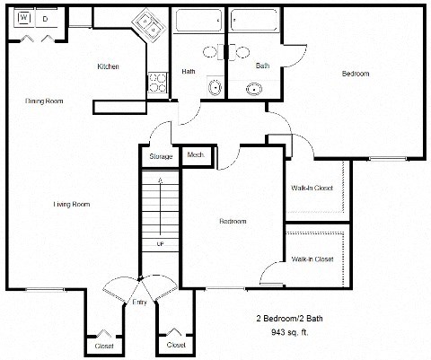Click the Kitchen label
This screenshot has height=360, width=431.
pyautogui.click(x=109, y=67)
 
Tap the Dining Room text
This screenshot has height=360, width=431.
pyautogui.click(x=42, y=101)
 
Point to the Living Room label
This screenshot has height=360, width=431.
pyautogui.click(x=72, y=204)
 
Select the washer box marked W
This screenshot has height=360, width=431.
pyautogui.click(x=23, y=18)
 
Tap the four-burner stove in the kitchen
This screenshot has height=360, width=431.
pyautogui.click(x=158, y=82)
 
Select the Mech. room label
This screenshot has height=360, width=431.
pyautogui.click(x=195, y=155)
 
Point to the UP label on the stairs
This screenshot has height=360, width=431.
pyautogui.click(x=161, y=243)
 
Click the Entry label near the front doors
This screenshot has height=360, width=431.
pyautogui.click(x=139, y=302)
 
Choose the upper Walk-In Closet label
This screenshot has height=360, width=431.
pyautogui.click(x=312, y=188)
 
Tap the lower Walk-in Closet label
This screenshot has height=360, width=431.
pyautogui.click(x=312, y=259)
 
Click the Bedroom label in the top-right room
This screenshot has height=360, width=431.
pyautogui.click(x=355, y=73)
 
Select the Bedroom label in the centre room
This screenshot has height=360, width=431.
pyautogui.click(x=233, y=221)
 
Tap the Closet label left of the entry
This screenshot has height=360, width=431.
pyautogui.click(x=104, y=345)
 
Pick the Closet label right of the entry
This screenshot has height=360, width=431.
pyautogui.click(x=175, y=345)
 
